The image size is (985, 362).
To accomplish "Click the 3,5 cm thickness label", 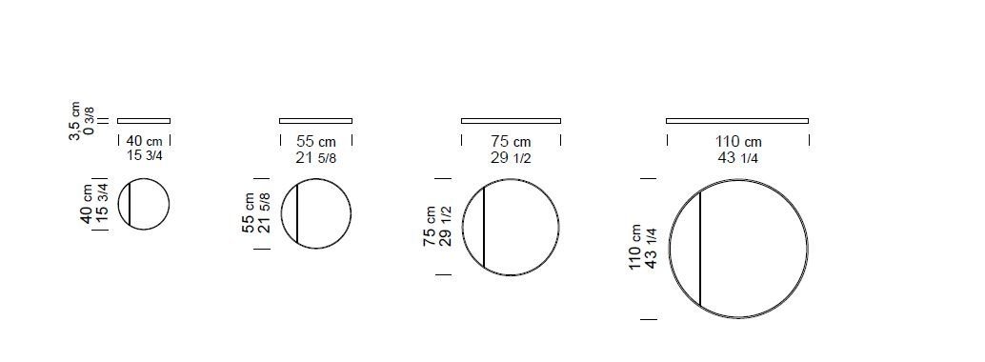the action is pyautogui.click(x=75, y=121).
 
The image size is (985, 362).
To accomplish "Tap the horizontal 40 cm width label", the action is pyautogui.click(x=144, y=141).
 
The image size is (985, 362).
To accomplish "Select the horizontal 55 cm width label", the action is pyautogui.click(x=315, y=142).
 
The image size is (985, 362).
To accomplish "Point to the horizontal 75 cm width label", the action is pyautogui.click(x=511, y=142).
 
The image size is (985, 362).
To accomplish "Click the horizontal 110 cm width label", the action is pyautogui.click(x=737, y=142).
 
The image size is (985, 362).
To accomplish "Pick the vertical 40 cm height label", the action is pyautogui.click(x=86, y=204).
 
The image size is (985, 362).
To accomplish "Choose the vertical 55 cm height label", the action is pyautogui.click(x=249, y=213).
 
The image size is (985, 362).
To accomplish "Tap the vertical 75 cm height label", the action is pyautogui.click(x=431, y=227).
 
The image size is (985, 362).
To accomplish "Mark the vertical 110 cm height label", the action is pyautogui.click(x=635, y=247).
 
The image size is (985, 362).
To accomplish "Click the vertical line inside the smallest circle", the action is pyautogui.click(x=130, y=204).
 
